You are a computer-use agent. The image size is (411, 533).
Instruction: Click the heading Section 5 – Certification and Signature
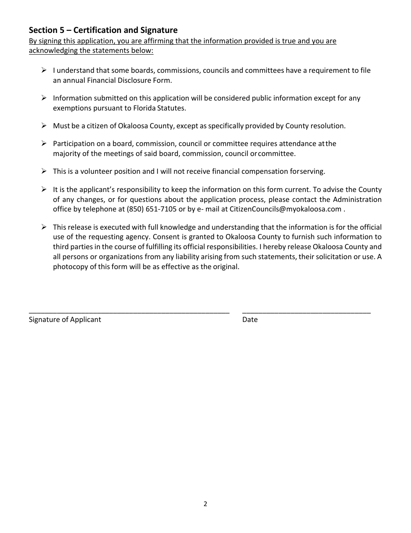103,30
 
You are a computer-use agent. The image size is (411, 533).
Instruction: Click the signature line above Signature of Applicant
129,312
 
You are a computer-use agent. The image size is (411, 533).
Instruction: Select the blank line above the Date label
306,312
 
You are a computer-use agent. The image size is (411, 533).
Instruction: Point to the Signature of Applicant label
65,319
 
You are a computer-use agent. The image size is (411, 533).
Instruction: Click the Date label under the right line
250,319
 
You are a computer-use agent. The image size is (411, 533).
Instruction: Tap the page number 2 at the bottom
205,504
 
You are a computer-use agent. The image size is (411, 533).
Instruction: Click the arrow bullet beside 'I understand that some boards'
44,70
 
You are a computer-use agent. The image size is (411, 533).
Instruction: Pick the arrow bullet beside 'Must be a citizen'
44,126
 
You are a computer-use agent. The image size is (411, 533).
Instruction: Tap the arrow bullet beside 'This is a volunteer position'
44,171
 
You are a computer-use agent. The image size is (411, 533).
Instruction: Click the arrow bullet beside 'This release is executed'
44,227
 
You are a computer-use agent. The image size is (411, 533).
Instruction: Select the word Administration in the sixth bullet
357,199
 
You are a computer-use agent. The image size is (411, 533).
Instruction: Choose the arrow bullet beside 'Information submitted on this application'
44,98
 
